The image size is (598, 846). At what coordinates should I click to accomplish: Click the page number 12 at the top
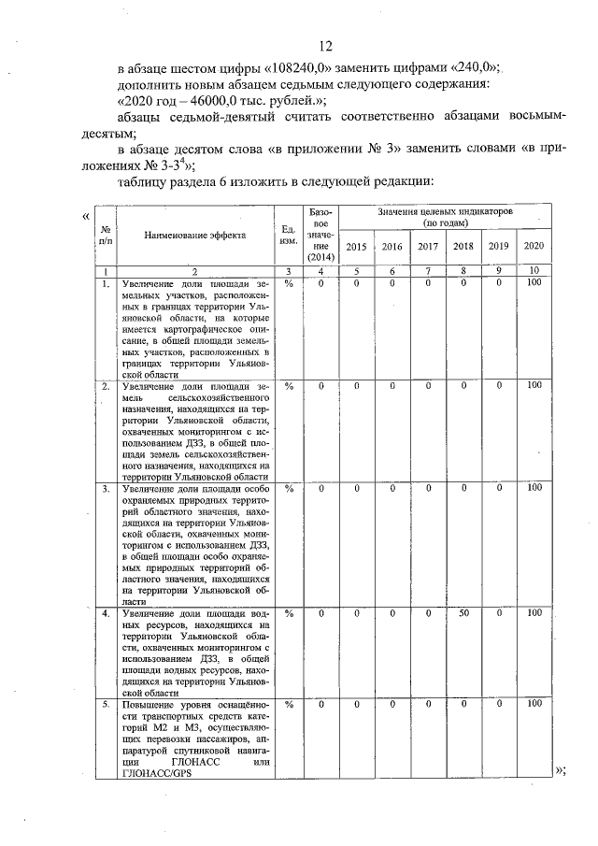coord(325,47)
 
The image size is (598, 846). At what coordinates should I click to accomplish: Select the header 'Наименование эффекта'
coord(194,236)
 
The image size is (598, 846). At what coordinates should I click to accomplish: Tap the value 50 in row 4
coord(463,613)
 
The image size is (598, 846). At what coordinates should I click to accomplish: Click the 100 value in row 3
coord(534,487)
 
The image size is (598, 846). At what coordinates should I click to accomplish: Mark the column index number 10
coord(534,271)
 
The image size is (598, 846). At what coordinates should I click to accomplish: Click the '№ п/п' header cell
coord(107,236)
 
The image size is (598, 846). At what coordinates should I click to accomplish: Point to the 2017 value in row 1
coord(428,283)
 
